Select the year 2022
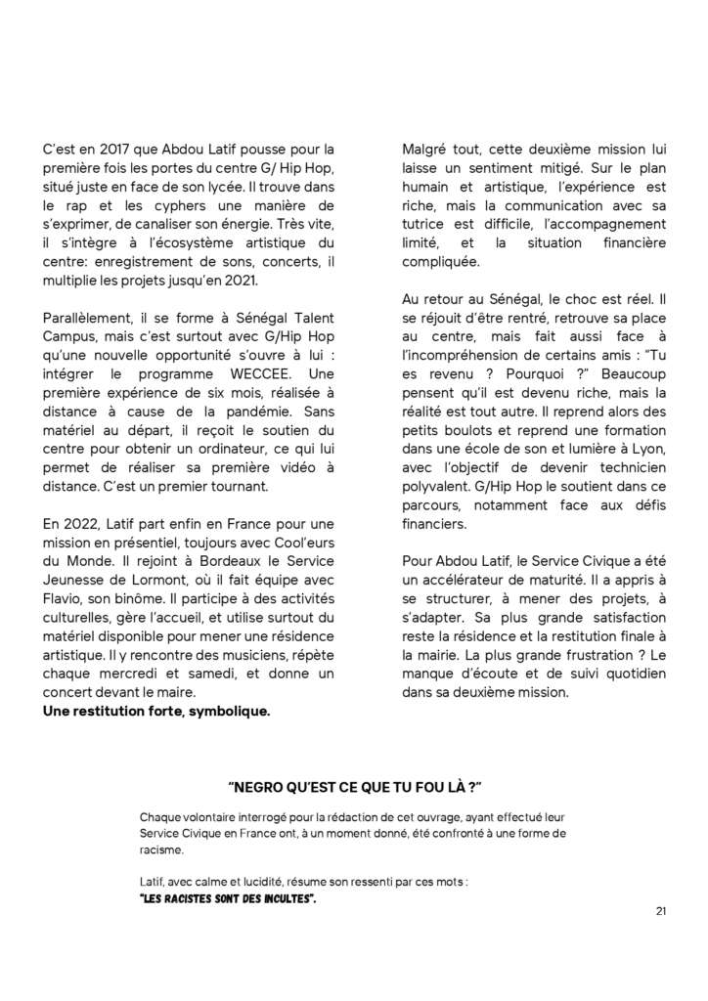click(x=83, y=524)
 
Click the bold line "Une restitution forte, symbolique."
click(x=156, y=711)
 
